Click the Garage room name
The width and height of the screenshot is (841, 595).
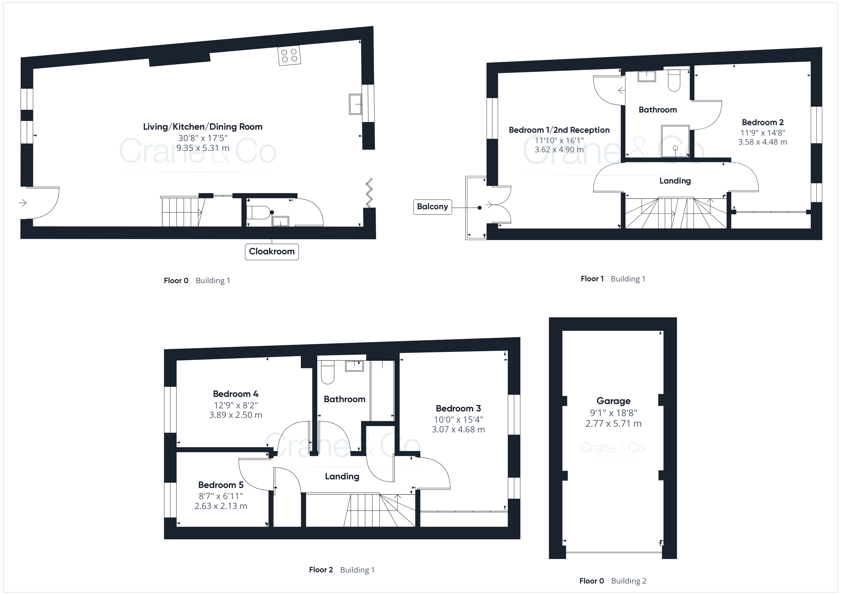(614, 401)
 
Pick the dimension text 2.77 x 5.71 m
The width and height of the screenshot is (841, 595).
(614, 424)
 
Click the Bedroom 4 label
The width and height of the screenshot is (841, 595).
(236, 394)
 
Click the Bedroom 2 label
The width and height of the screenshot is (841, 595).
(763, 122)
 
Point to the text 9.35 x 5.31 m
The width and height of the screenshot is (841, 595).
(203, 148)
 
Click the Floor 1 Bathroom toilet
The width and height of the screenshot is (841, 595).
(674, 80)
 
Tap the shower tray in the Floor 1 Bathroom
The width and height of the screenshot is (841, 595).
(675, 141)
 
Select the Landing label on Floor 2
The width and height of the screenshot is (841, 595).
(342, 476)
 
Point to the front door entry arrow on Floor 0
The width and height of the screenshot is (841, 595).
(23, 203)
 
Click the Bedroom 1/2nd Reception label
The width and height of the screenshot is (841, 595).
(559, 130)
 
